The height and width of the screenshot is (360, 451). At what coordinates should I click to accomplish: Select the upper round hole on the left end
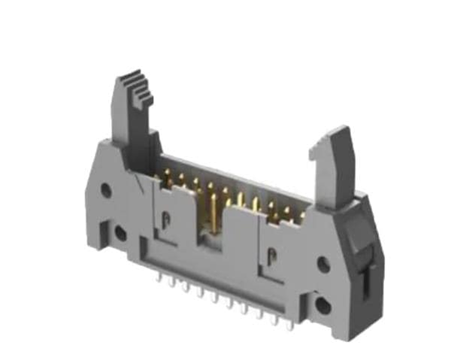point(106,190)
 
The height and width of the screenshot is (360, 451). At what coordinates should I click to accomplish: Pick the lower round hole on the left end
point(120,232)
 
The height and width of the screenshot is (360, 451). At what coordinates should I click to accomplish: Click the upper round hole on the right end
point(323,265)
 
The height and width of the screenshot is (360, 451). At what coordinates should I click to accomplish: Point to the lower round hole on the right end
point(323,304)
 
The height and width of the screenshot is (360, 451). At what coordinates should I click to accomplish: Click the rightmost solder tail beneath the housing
point(289,325)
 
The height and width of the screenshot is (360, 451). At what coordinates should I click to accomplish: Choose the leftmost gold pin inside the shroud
point(158,180)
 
